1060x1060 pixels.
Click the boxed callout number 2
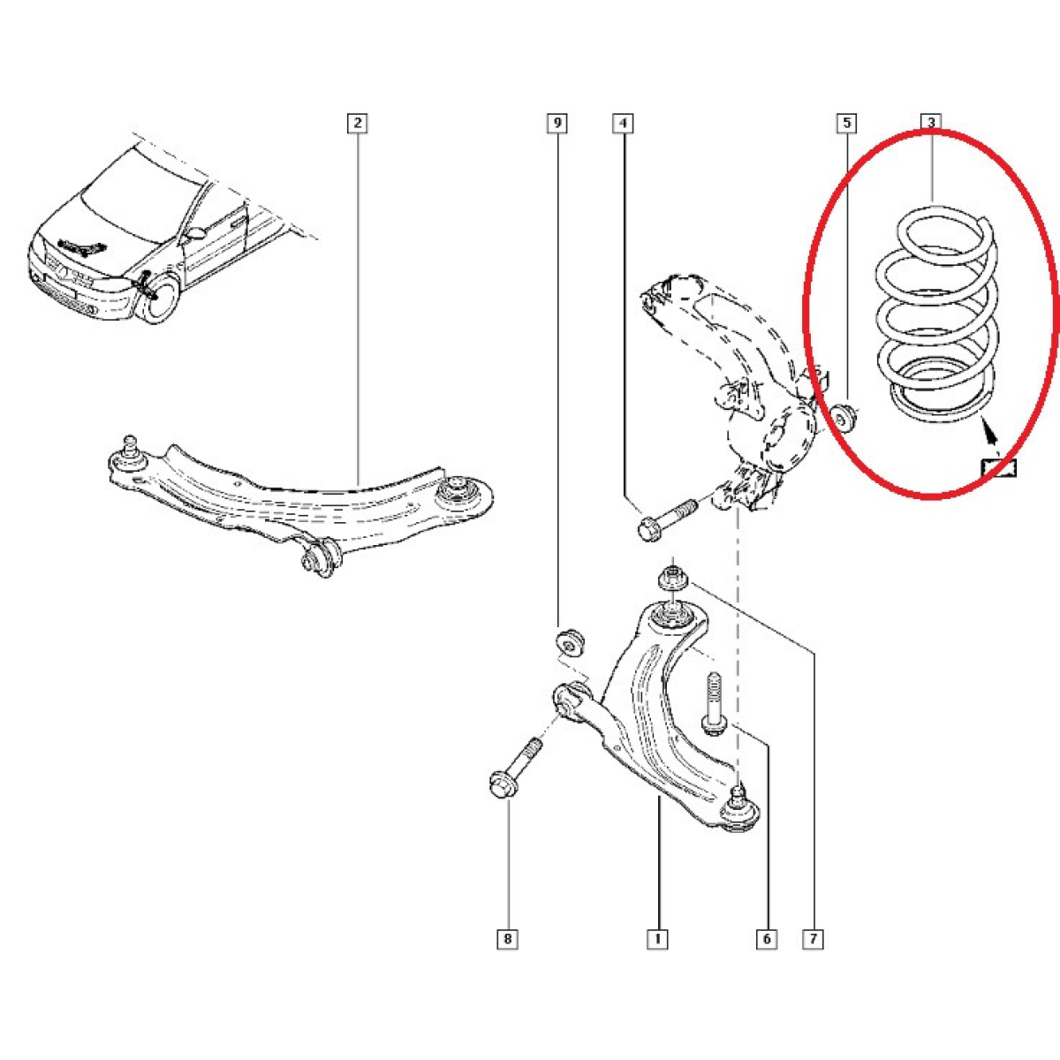[x=358, y=123]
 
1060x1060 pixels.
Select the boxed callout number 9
[x=556, y=123]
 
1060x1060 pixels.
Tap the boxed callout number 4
[x=623, y=123]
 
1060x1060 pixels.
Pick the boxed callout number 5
[x=846, y=123]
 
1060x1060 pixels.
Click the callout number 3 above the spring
[x=931, y=122]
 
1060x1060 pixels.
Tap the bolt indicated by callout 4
[x=666, y=519]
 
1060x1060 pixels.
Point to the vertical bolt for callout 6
[x=713, y=703]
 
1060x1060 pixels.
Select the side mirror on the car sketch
[x=193, y=233]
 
